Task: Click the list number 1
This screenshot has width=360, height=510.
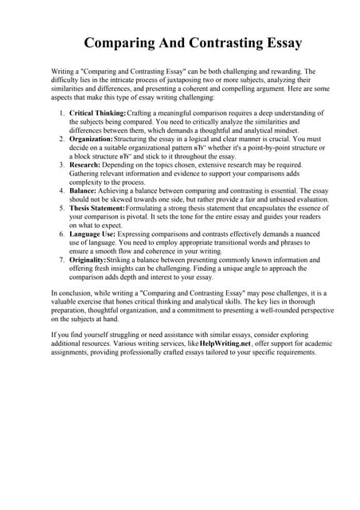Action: [x=61, y=115]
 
